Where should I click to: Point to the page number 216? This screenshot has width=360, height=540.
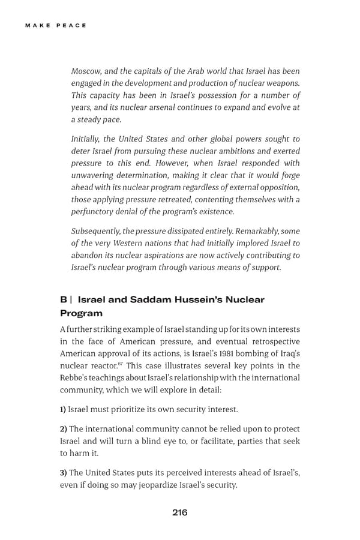[x=179, y=512]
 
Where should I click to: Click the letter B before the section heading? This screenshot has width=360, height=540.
[x=63, y=299]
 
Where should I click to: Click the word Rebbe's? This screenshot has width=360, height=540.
[x=76, y=378]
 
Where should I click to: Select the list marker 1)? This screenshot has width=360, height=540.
[x=63, y=409]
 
